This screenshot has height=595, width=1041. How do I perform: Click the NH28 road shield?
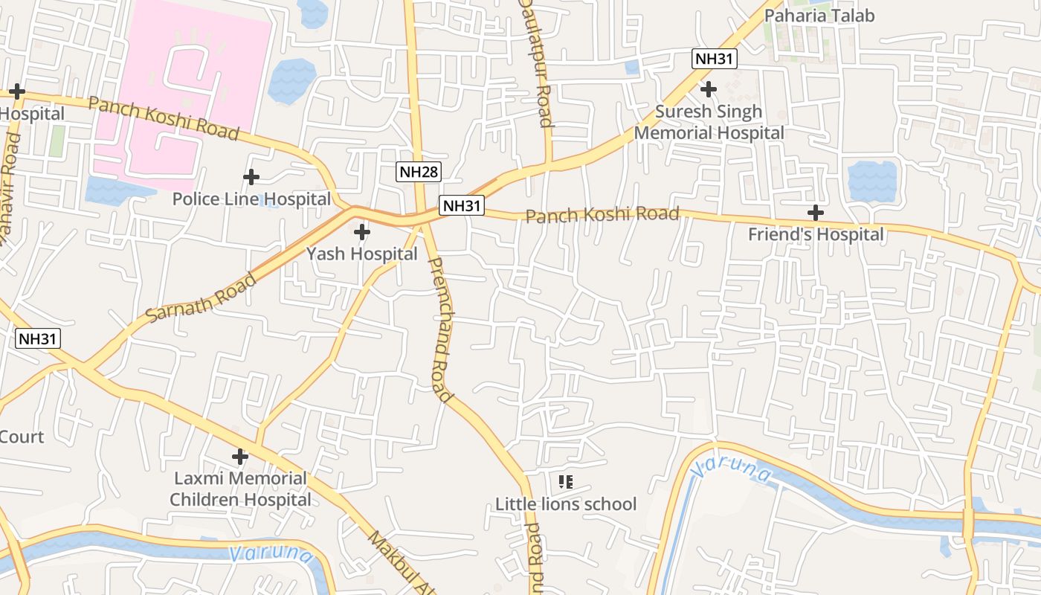point(419,173)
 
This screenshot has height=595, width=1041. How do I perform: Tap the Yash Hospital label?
point(362,254)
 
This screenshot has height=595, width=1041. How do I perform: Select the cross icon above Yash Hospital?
point(362,232)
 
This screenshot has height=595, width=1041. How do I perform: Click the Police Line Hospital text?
point(251,199)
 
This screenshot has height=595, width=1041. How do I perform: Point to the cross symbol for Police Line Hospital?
point(251,177)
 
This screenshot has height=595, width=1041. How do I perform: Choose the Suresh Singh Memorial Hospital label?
point(709,122)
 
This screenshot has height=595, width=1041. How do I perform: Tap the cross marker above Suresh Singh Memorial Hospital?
point(709,89)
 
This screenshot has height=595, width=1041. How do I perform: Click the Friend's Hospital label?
point(816,234)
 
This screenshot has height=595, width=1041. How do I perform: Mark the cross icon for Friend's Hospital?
point(816,213)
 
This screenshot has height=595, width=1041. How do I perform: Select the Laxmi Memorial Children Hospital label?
point(240,489)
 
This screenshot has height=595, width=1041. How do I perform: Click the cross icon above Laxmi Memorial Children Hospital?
point(240,456)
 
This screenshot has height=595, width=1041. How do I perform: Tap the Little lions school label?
point(566,504)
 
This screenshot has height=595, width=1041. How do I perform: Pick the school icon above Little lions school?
point(566,482)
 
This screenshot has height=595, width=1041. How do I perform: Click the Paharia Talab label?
point(819,16)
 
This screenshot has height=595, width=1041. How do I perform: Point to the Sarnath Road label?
point(202,298)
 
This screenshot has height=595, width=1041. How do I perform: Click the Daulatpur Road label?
point(535,63)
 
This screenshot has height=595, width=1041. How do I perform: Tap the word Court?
point(22,437)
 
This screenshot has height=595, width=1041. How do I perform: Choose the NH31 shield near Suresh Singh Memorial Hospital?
point(714,59)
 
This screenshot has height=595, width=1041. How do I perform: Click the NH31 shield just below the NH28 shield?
point(461,205)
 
